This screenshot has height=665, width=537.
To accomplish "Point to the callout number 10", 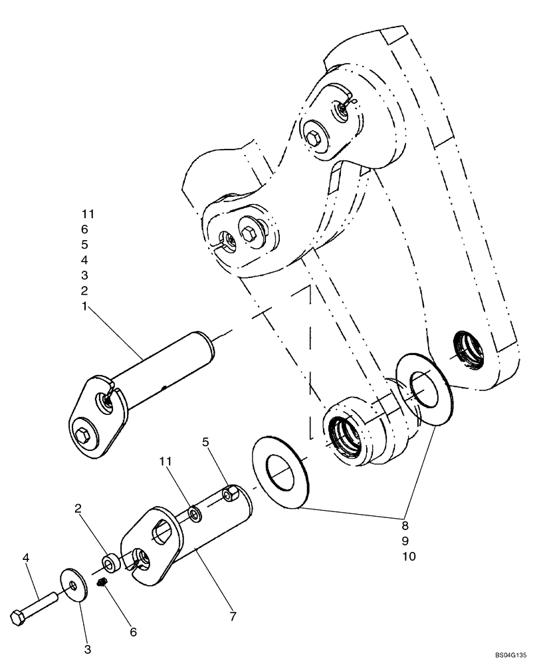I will pos(409,556).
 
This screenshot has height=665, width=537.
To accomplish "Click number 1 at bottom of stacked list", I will pos(84,306).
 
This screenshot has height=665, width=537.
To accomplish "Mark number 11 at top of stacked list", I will pos(88,214).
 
